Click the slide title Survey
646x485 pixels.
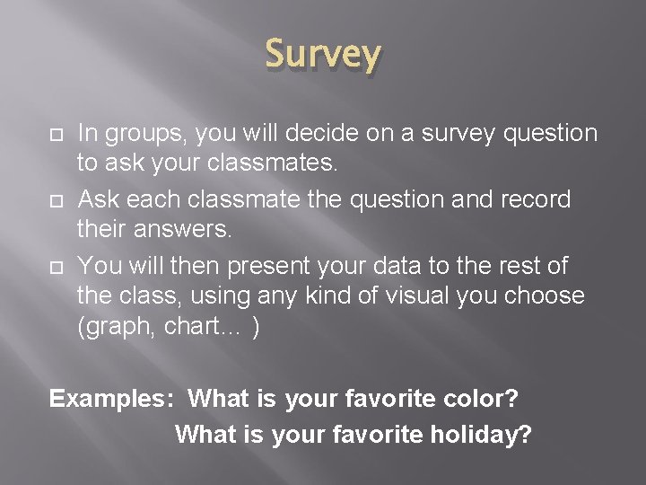[323, 55]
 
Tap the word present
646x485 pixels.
[273, 267]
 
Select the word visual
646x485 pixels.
[426, 295]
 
